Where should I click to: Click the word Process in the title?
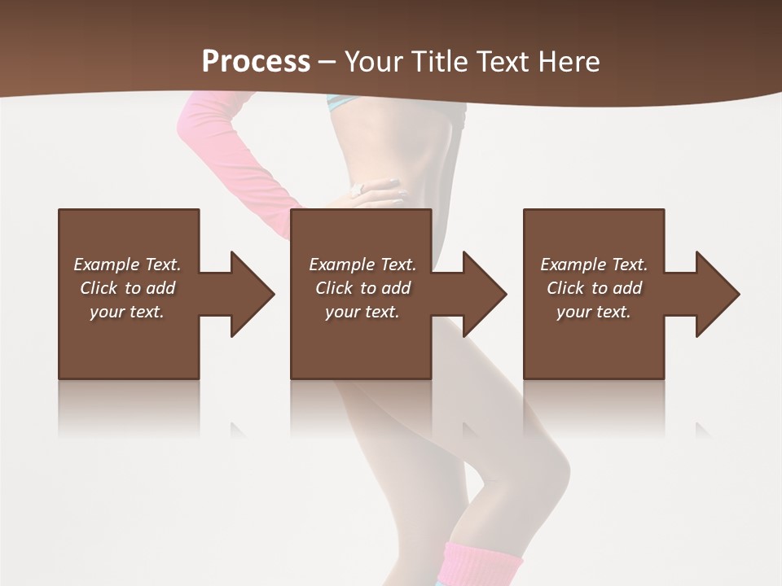pos(256,62)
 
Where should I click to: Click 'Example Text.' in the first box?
pos(127,265)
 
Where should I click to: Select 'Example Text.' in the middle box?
pos(362,265)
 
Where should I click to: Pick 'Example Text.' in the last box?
pos(594,265)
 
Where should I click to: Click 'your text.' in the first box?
pos(127,312)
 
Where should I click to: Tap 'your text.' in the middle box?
pos(362,312)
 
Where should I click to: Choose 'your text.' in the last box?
pos(594,312)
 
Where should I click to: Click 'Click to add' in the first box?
pos(127,288)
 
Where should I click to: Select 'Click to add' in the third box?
pos(594,288)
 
